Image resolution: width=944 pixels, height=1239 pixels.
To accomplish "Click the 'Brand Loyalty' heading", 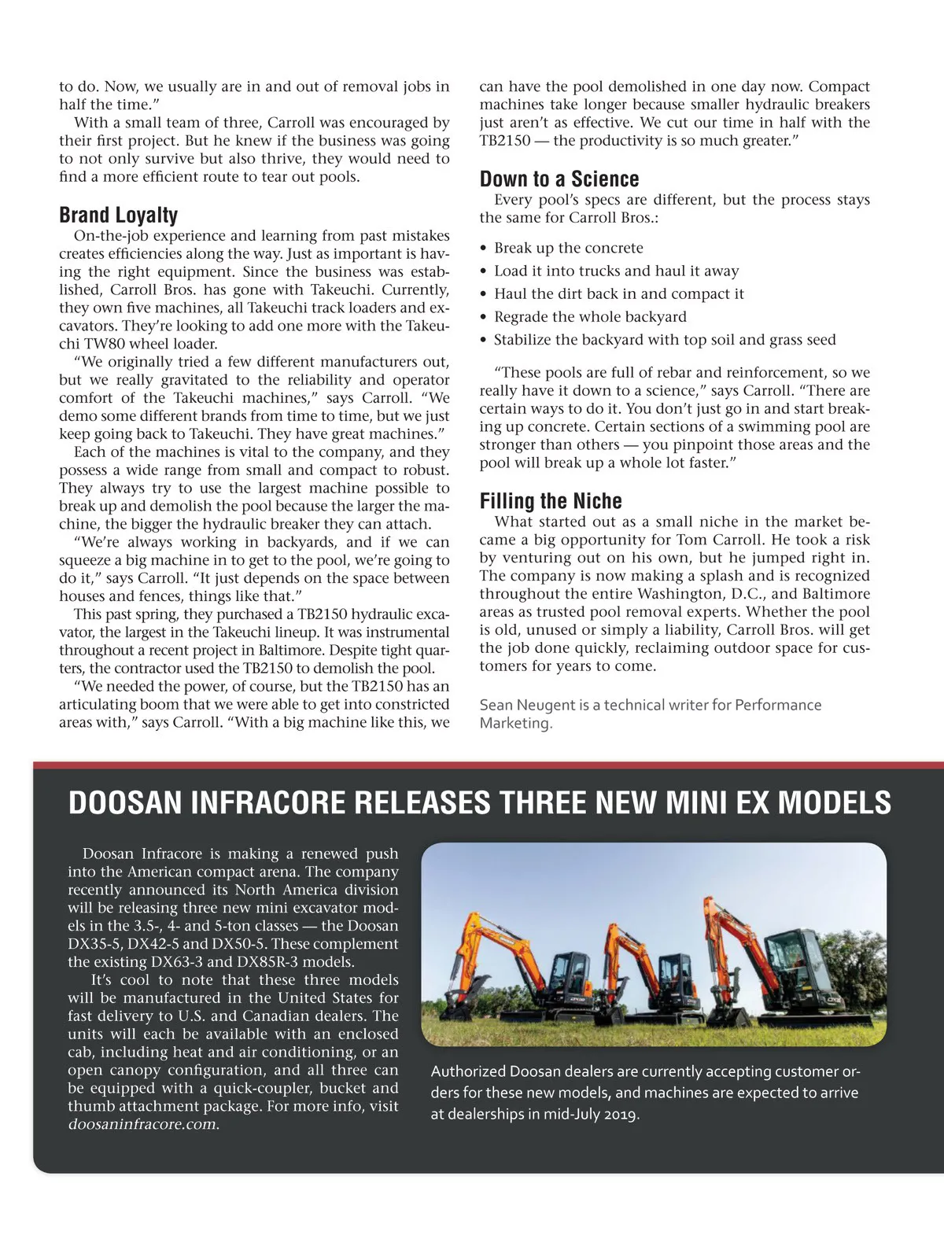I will point(118,215).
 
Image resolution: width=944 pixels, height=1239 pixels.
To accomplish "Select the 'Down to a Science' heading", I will point(559,179).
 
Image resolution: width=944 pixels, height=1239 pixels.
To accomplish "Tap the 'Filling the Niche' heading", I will point(551,501).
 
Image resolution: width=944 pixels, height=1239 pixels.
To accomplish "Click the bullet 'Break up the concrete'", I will point(568,248).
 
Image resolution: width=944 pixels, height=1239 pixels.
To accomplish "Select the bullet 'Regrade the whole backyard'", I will point(590,317).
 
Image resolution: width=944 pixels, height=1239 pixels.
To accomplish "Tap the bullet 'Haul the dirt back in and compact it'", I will point(618,294).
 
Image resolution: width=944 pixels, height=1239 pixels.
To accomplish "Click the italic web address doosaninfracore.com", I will point(142,1124).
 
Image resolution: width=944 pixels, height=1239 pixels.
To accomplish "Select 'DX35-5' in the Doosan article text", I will point(94,944).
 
